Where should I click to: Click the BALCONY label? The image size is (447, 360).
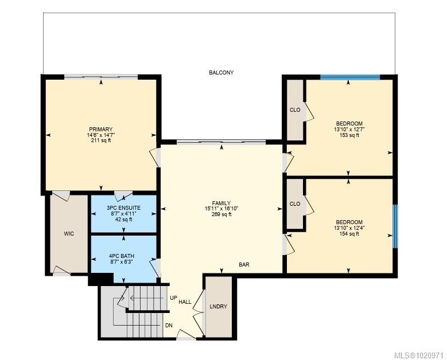pos(221,73)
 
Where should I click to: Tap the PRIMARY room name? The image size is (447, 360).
pos(100,129)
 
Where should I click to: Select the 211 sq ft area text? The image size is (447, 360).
pos(100,140)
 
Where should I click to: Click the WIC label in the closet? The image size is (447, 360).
pos(69,233)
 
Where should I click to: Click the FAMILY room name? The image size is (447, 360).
pos(221,203)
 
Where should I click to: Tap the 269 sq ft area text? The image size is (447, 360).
pos(221,214)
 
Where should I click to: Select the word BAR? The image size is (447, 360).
pos(244,265)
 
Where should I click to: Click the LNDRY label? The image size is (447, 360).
pos(219,307)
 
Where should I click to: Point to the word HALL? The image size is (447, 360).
pos(185,302)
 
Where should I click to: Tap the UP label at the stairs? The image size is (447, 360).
pos(173,298)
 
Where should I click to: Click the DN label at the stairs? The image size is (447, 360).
pos(169,325)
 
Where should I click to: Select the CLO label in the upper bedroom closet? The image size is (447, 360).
pos(295,109)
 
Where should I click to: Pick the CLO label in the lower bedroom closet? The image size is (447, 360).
pos(295,204)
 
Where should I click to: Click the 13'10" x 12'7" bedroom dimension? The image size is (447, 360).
pos(349,129)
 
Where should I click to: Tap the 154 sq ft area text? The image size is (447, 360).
pos(349,233)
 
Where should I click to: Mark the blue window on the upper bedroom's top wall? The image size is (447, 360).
pos(349,77)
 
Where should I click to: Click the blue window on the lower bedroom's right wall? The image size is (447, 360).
pos(395,226)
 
